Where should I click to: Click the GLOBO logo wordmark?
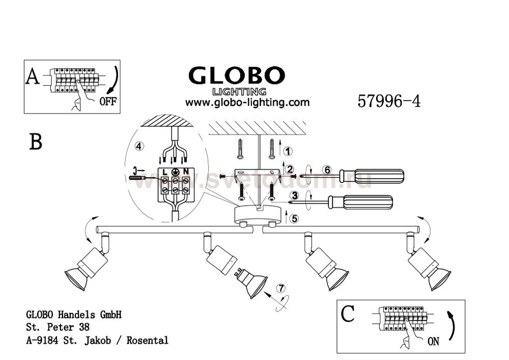point(237,76)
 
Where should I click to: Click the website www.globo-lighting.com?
point(247,102)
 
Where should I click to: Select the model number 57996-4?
point(389,101)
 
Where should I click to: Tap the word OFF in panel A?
point(107,101)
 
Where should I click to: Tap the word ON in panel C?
point(433,342)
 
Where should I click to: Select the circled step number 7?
point(279,289)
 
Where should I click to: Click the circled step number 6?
point(327,170)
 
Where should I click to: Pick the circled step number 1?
point(288,151)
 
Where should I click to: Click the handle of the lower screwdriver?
point(369,202)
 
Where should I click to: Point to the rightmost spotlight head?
point(430,270)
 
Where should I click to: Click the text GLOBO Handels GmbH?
point(73,315)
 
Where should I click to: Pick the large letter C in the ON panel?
point(347,314)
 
